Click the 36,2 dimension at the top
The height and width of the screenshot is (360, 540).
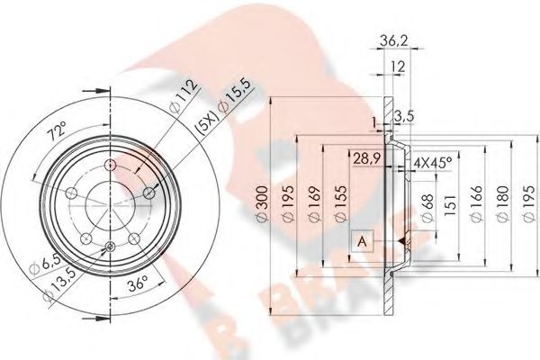394,40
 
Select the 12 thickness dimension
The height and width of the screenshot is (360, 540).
398,67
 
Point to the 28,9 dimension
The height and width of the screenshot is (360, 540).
366,158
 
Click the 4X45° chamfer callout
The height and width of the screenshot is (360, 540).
433,161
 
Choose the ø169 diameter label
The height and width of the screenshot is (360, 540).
314,204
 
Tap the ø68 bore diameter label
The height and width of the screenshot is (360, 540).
427,209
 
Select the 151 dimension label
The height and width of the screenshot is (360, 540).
451,206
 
